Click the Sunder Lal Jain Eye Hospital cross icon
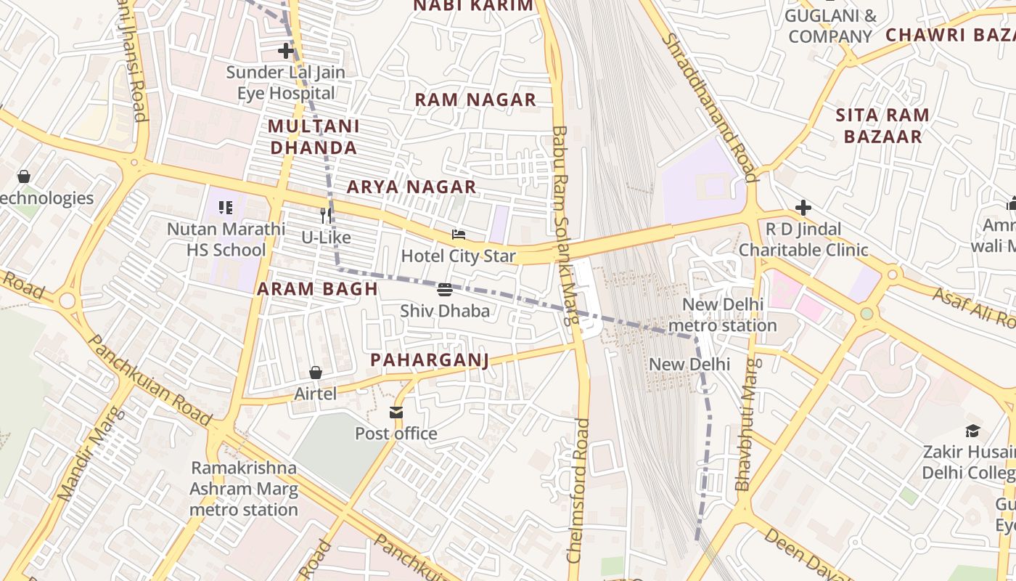click(286, 51)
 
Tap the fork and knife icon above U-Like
click(326, 216)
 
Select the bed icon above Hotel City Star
click(458, 235)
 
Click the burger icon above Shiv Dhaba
click(445, 290)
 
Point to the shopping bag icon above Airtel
click(316, 373)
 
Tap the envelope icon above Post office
click(396, 413)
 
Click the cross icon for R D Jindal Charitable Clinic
click(803, 208)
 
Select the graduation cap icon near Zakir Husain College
click(972, 431)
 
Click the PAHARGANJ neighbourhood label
click(430, 359)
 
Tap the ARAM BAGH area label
click(317, 288)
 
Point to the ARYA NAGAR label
click(411, 187)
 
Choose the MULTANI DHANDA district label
click(313, 137)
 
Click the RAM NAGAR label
click(475, 99)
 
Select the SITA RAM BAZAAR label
click(882, 126)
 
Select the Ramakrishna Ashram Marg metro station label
click(244, 489)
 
